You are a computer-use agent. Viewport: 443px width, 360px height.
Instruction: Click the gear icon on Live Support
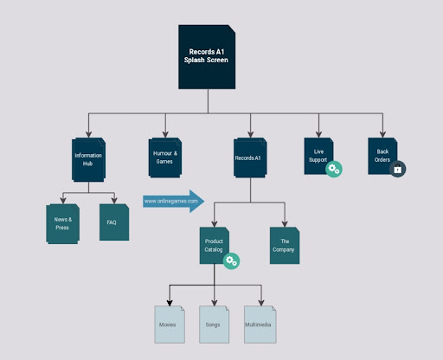333,170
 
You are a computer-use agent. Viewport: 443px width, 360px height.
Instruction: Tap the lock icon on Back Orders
397,170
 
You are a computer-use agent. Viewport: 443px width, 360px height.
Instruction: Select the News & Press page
62,224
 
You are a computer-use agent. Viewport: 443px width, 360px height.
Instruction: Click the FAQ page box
112,222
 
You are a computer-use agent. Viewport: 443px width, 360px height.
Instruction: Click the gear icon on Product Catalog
231,260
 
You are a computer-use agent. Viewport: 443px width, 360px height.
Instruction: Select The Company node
283,245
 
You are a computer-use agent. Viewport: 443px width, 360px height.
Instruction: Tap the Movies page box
169,325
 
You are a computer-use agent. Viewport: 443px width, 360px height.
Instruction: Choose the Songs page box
214,325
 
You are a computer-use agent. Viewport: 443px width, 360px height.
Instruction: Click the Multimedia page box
259,325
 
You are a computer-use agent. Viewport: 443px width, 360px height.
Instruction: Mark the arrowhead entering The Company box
283,222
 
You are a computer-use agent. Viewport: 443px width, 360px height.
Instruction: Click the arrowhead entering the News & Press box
62,200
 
